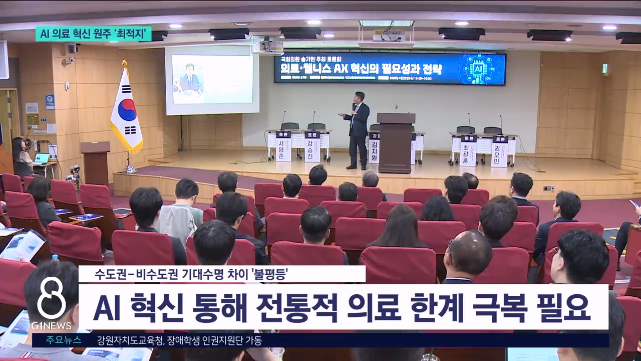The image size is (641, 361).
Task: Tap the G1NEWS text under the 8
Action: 51,326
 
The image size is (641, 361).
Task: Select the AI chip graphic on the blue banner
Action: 480,68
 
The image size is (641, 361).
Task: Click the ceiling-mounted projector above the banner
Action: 389,35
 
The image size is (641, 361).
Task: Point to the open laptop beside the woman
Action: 42,158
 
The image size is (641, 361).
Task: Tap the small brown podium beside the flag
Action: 95,160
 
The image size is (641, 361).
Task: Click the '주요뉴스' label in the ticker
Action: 64,340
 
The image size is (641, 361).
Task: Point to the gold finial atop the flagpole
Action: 124,63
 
